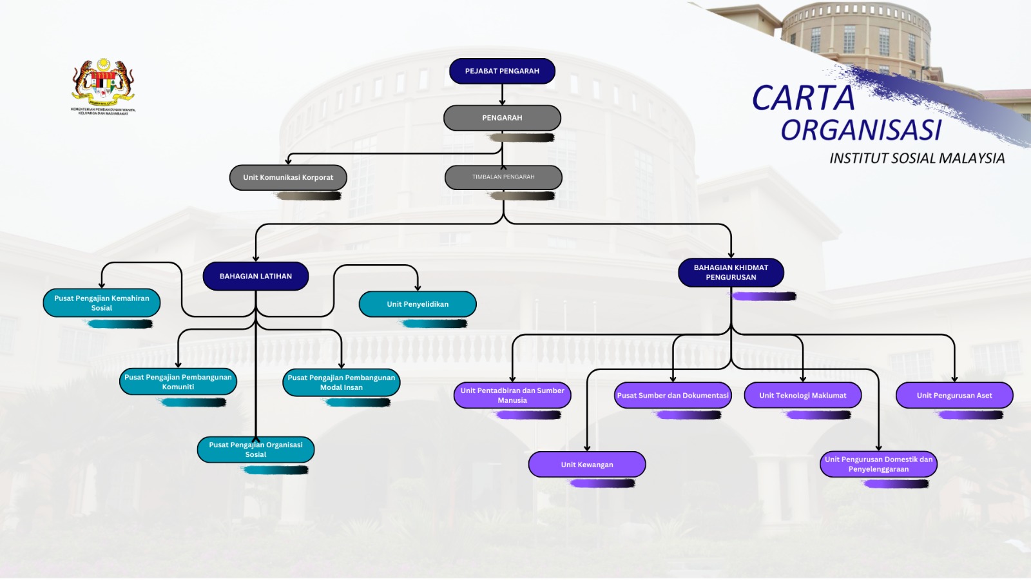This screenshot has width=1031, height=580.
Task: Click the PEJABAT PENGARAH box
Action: point(502,71)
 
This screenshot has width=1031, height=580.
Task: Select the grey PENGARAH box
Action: point(502,118)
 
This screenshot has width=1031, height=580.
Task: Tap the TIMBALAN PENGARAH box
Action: point(503,177)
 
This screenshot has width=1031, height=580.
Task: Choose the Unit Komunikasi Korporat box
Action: point(288,177)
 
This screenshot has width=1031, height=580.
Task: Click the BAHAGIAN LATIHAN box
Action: point(256,276)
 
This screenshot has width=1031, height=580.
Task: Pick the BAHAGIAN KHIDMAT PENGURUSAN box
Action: point(731,272)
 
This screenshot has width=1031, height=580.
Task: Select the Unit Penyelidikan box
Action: point(418,304)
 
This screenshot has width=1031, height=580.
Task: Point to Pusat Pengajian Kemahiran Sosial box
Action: point(102,303)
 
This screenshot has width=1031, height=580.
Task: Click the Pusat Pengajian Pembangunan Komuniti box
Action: point(178,382)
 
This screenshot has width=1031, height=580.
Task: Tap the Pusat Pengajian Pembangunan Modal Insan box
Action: point(342,382)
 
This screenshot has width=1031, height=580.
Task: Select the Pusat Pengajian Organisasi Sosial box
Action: point(256,449)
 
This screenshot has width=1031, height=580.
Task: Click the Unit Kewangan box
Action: point(587,465)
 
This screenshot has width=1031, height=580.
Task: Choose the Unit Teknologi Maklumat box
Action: point(802,395)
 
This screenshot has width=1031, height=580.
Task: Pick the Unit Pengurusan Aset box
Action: point(954,395)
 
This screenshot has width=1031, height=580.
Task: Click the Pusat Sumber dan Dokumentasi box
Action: point(673,395)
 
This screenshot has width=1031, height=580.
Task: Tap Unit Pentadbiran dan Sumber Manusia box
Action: point(512,395)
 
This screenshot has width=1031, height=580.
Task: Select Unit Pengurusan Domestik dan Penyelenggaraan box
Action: point(878,464)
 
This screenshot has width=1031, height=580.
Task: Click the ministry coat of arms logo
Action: point(103,84)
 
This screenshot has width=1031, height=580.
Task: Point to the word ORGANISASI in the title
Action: point(861,130)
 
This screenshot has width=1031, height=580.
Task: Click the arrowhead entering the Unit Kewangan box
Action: point(587,448)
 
